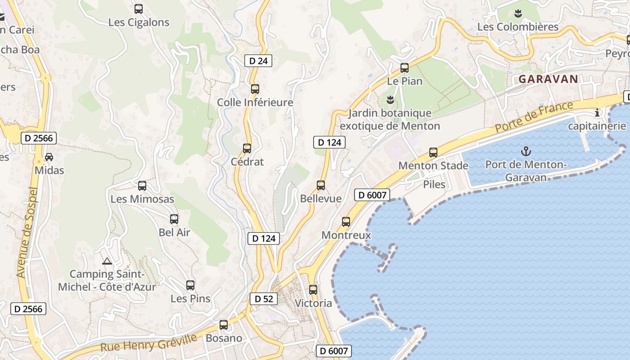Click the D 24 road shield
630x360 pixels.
258,61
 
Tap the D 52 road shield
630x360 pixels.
264,299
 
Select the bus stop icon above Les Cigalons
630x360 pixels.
139,9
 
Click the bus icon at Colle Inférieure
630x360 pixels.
255,89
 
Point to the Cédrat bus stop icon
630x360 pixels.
247,148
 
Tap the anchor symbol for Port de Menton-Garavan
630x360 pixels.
526,151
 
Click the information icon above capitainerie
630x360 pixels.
597,112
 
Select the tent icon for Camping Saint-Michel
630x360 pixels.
107,261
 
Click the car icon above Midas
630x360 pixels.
49,157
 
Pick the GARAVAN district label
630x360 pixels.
548,79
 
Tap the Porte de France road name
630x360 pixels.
534,117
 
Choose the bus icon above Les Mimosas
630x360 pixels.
142,186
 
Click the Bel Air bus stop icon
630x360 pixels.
174,220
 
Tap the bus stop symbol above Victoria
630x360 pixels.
313,290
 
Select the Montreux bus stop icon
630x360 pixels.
346,222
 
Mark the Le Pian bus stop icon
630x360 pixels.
405,68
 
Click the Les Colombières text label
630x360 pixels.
518,27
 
